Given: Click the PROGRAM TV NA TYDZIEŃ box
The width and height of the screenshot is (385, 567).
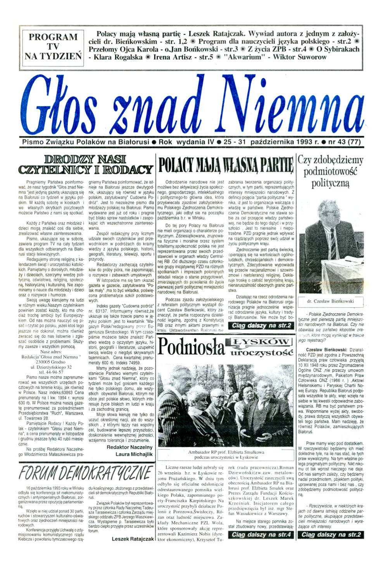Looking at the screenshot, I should pos(53,46).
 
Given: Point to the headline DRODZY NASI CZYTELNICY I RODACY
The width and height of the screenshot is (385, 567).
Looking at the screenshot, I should pos(87,164).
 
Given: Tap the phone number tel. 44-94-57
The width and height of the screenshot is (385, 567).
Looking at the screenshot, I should pos(53,371).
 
